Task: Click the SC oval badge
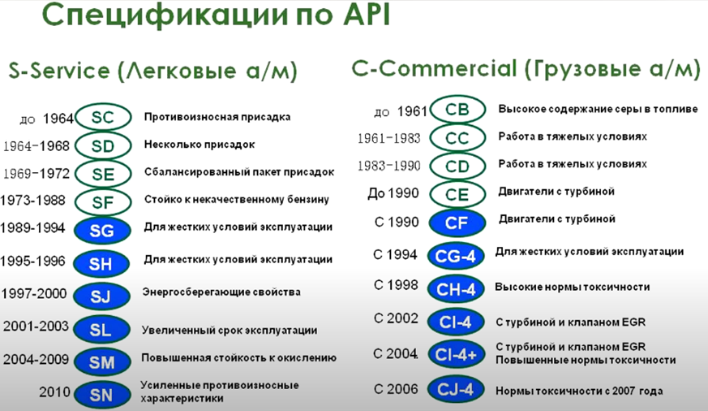click(x=103, y=119)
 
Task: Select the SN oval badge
click(x=102, y=395)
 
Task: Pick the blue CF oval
click(x=457, y=222)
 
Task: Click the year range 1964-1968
click(x=36, y=147)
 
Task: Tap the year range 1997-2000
click(x=35, y=294)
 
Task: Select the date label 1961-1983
click(x=389, y=138)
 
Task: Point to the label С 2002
click(x=396, y=318)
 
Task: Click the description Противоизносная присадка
click(x=217, y=117)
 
